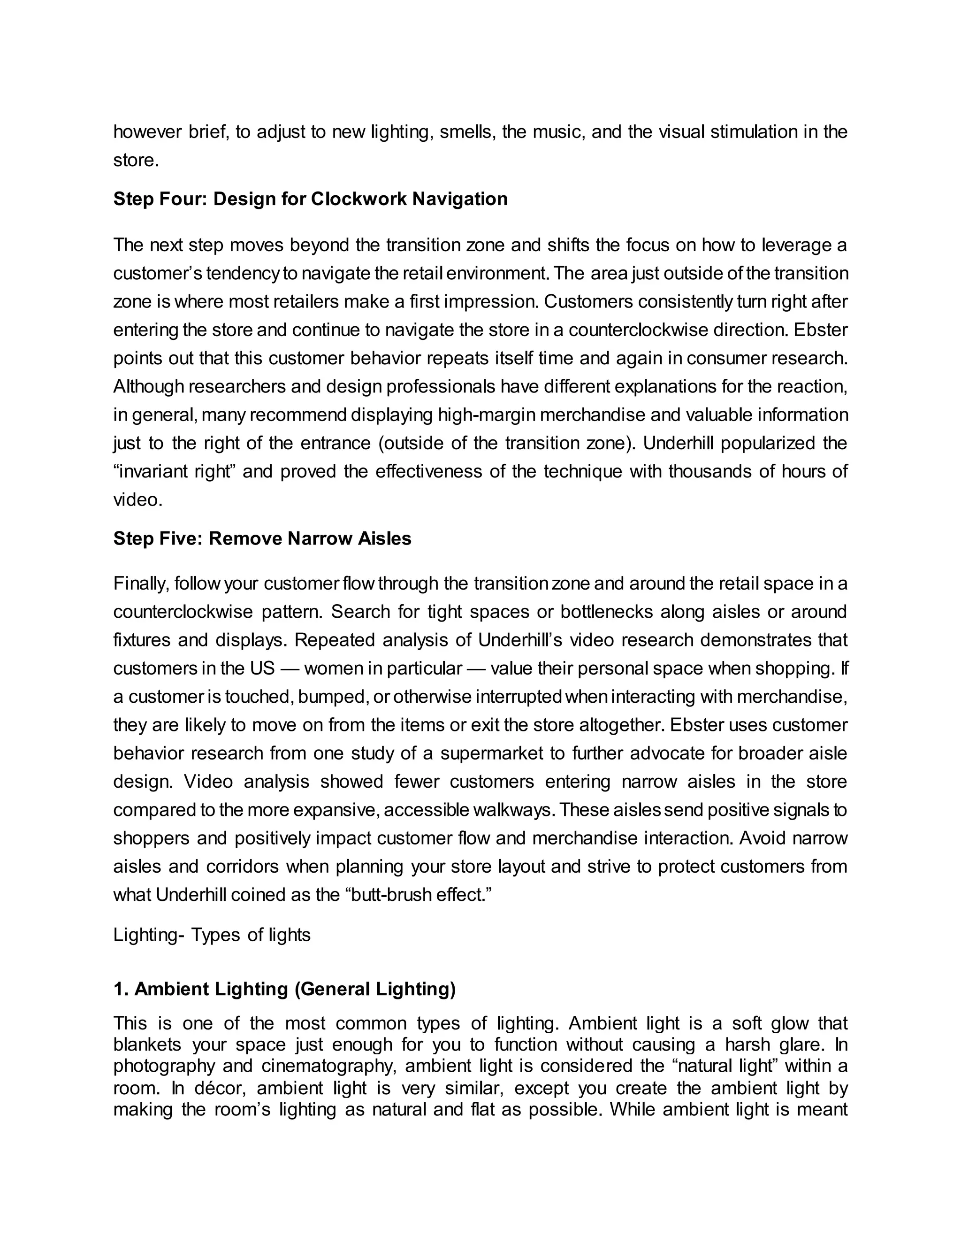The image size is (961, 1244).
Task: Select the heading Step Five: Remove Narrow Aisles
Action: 262,539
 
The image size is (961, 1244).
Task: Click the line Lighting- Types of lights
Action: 212,935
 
